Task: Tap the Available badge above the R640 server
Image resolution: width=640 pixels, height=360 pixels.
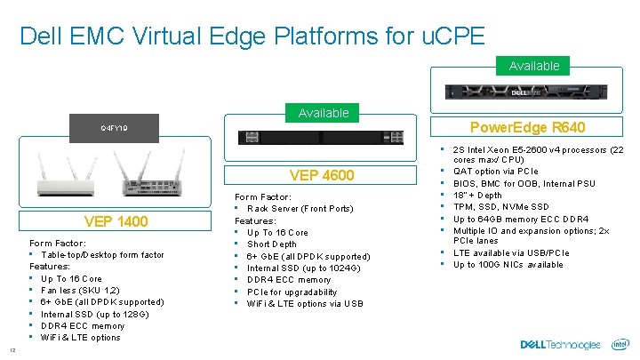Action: click(533, 66)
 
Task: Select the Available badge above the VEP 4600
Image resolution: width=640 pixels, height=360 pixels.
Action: click(324, 113)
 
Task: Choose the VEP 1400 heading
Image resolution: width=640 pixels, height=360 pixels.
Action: click(116, 221)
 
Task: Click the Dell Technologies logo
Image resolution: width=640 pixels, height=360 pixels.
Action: click(561, 345)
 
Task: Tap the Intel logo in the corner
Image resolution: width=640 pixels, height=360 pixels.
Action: click(620, 344)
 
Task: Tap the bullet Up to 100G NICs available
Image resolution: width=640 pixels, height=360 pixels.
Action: click(508, 265)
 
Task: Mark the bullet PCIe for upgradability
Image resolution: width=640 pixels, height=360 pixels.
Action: click(292, 292)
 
